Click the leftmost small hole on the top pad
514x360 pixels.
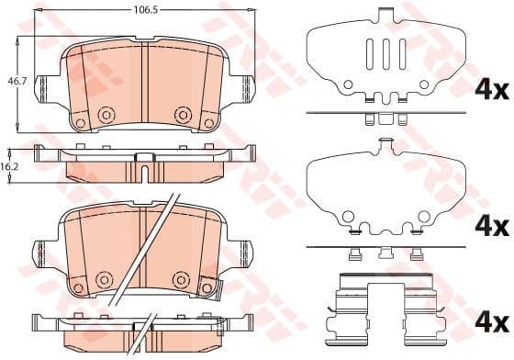point(80,123)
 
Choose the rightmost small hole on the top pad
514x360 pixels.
point(209,123)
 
